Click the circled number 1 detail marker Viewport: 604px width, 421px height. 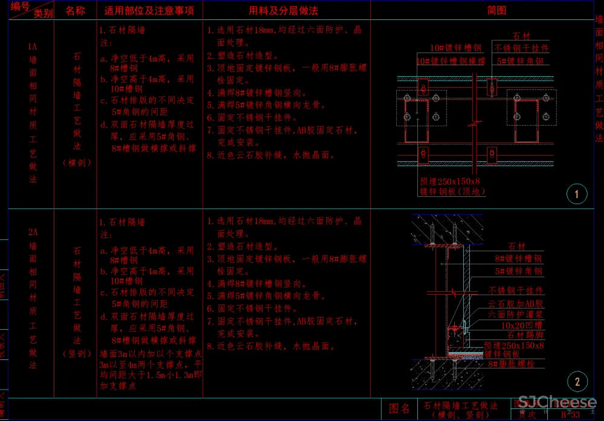pyautogui.click(x=577, y=194)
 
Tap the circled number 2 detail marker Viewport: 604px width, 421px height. pyautogui.click(x=577, y=381)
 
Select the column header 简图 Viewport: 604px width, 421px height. pyautogui.click(x=496, y=10)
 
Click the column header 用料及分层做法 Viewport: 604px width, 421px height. pyautogui.click(x=283, y=10)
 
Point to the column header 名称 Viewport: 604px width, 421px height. pyautogui.click(x=75, y=10)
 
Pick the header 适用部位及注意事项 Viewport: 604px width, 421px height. pyautogui.click(x=149, y=10)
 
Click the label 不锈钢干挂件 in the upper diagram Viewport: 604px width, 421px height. pyautogui.click(x=521, y=48)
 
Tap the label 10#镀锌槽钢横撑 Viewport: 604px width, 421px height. pyautogui.click(x=451, y=61)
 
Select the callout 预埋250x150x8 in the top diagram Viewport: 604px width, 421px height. pyautogui.click(x=450, y=181)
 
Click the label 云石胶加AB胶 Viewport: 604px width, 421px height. pyautogui.click(x=516, y=304)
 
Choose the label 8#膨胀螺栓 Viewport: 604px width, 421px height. pyautogui.click(x=513, y=364)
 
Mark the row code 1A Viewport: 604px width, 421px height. pyautogui.click(x=33, y=47)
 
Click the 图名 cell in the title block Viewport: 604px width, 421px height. pyautogui.click(x=399, y=410)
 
